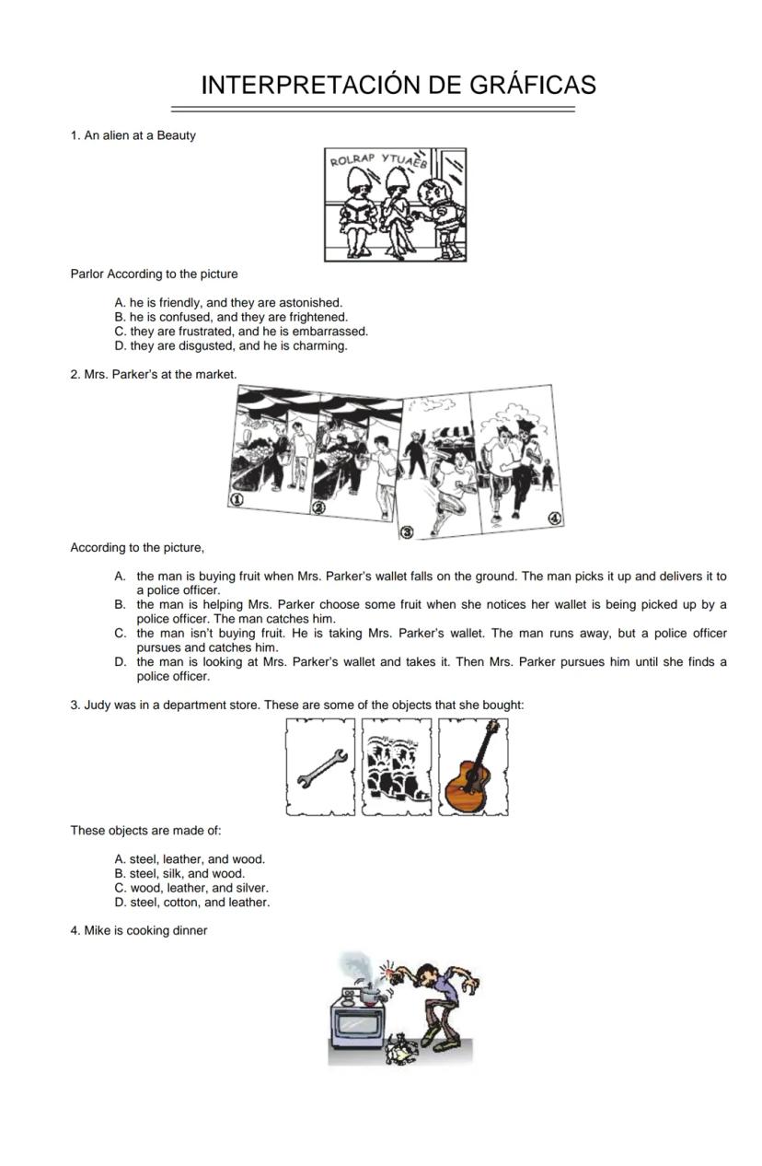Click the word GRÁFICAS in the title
point(533,85)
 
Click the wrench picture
point(320,767)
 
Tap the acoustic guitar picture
point(473,767)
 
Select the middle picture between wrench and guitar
point(397,767)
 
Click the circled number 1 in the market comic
point(237,499)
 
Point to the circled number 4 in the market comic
point(554,519)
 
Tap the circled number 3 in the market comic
point(407,533)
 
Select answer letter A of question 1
point(120,302)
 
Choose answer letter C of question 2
point(120,634)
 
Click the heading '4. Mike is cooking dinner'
point(139,930)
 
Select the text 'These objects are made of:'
point(145,830)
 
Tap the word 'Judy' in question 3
point(98,705)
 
